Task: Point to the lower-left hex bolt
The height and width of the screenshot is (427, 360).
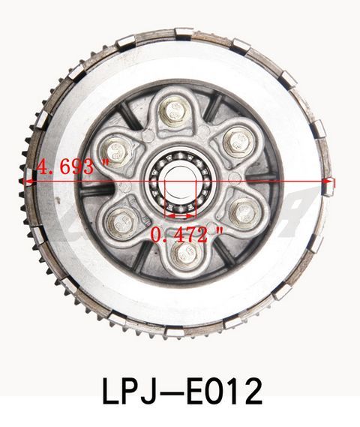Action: [121, 220]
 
